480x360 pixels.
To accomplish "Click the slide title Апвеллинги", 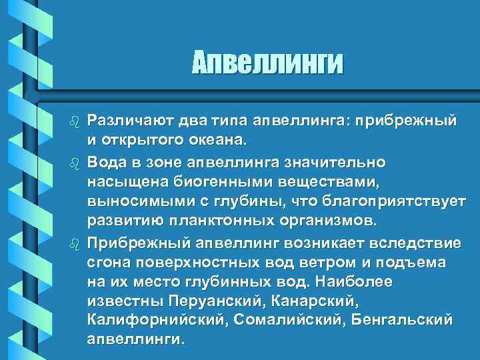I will [x=268, y=64].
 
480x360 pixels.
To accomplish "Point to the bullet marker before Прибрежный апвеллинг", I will [x=75, y=242].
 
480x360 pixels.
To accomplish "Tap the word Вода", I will [x=104, y=162].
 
